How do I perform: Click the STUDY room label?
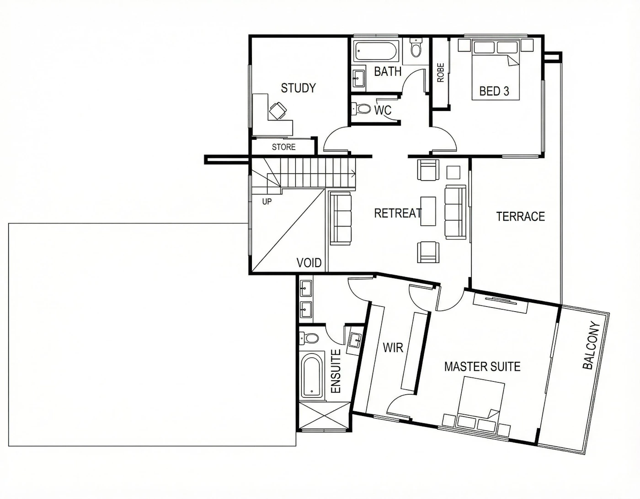[x=299, y=88]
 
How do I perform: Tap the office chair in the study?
[x=72, y=111]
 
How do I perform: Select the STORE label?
[x=283, y=147]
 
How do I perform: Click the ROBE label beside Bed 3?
[x=441, y=73]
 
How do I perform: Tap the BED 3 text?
[x=494, y=91]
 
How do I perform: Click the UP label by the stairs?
[x=267, y=202]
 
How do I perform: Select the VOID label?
[x=309, y=263]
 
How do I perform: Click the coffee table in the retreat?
[x=428, y=211]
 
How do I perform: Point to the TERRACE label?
[x=520, y=216]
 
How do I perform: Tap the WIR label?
[x=393, y=347]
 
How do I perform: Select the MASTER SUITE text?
[x=482, y=367]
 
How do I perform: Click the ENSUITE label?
[x=336, y=371]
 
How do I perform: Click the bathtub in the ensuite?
[x=312, y=376]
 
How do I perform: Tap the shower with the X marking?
[x=325, y=417]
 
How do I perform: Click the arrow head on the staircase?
[x=353, y=174]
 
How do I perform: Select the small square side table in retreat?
[x=453, y=173]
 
